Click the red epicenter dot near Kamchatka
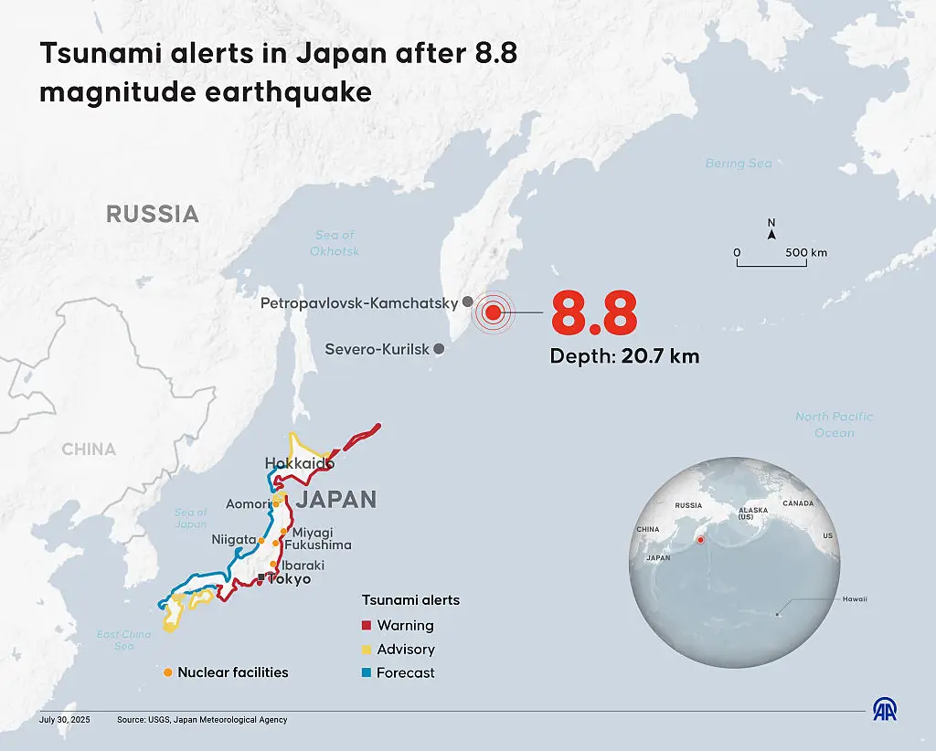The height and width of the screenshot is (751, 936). click(x=493, y=313)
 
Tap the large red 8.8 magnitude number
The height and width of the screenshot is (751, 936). click(x=593, y=314)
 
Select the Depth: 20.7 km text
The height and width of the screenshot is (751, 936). click(x=624, y=356)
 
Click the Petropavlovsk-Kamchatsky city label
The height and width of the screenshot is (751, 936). click(x=358, y=302)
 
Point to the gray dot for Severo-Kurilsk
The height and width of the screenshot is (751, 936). click(x=439, y=349)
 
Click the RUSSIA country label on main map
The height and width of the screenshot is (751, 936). click(x=153, y=214)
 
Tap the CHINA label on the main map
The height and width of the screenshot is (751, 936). click(x=89, y=450)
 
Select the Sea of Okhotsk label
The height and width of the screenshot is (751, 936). click(x=335, y=243)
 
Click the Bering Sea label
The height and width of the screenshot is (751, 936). click(x=739, y=164)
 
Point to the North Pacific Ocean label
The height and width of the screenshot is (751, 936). click(x=834, y=424)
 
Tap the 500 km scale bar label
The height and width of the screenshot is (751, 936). click(x=806, y=252)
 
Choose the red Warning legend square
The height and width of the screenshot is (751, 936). click(x=366, y=626)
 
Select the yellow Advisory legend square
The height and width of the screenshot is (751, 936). click(x=366, y=650)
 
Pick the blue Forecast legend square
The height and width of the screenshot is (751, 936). click(x=366, y=673)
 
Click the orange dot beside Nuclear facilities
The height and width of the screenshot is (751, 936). click(x=167, y=672)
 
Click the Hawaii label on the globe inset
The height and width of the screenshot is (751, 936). click(x=855, y=599)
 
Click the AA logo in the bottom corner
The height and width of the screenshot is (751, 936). click(x=885, y=710)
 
